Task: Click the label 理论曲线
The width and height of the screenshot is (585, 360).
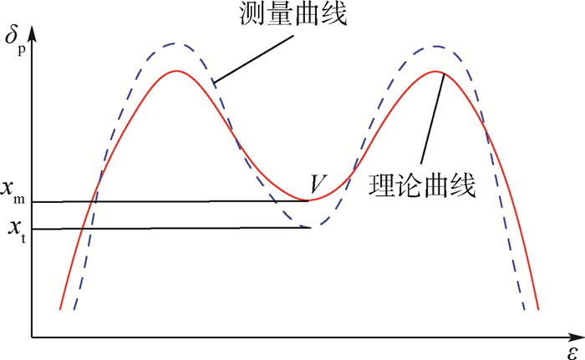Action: (422, 185)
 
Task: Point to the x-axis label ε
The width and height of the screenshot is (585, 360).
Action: (574, 352)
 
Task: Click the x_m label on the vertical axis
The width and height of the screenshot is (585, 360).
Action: (13, 191)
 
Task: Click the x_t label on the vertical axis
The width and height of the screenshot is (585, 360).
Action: (18, 231)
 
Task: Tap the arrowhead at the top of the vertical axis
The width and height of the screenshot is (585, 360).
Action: (33, 33)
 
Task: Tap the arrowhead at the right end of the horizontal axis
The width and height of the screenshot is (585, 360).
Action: (576, 337)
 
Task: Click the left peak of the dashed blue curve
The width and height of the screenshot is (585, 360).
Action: (174, 43)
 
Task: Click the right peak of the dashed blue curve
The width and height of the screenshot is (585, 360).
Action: (435, 47)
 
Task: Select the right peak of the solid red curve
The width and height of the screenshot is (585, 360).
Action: (435, 71)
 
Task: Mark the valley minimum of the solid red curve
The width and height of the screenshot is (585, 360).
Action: (310, 200)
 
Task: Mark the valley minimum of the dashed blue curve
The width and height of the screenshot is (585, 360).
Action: (310, 227)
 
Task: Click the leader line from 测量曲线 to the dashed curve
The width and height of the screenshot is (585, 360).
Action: (254, 58)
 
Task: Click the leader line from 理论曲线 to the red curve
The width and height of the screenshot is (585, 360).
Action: (433, 119)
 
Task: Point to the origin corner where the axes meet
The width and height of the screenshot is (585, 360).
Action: (33, 337)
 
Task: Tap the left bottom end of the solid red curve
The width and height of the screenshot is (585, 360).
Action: (60, 309)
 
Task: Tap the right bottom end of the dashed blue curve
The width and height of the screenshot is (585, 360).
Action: (524, 309)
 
